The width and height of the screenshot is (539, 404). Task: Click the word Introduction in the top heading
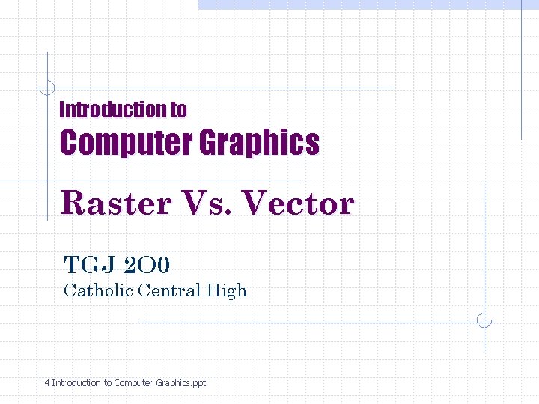[x=113, y=110]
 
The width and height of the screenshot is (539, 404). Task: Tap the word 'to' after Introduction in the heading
[x=178, y=110]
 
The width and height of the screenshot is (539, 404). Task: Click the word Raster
[x=116, y=203]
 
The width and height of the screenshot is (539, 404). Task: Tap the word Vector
[x=299, y=203]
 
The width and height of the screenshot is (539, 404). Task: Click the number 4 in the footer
[x=47, y=383]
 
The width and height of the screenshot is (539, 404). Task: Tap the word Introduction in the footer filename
[x=76, y=383]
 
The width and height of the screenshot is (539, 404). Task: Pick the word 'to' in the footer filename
[x=108, y=383]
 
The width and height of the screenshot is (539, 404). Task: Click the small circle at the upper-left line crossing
[x=47, y=88]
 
